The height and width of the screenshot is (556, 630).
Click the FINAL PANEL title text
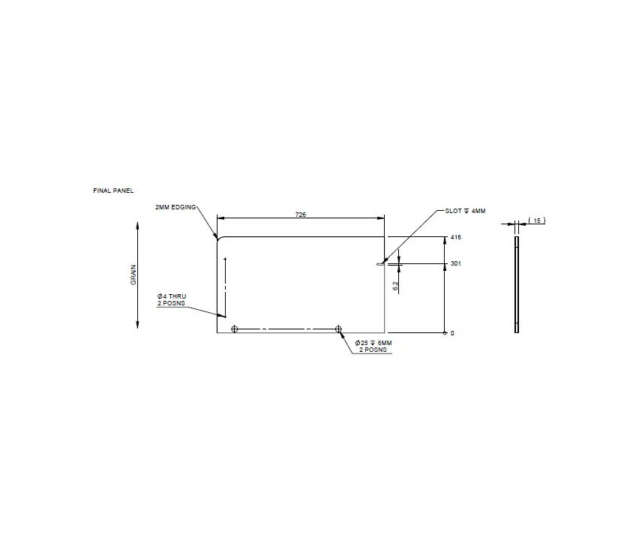click(x=113, y=191)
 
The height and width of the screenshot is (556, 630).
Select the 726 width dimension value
click(x=300, y=215)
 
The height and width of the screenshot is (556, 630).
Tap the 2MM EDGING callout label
click(x=175, y=206)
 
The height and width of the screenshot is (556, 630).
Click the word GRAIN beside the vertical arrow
click(x=133, y=275)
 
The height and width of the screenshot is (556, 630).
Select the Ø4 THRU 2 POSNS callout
click(x=171, y=300)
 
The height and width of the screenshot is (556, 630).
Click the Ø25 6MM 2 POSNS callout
click(x=373, y=346)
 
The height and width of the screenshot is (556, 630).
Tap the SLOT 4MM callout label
click(x=465, y=211)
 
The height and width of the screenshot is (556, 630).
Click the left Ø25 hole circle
click(x=235, y=329)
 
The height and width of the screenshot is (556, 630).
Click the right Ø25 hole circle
click(x=339, y=329)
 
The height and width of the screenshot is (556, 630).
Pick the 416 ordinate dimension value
click(x=454, y=237)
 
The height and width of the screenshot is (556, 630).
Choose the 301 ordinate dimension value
click(x=454, y=263)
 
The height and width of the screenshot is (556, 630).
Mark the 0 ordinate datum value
click(x=452, y=332)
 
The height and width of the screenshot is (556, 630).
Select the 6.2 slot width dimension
click(x=396, y=285)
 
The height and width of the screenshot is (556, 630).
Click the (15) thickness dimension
click(x=537, y=220)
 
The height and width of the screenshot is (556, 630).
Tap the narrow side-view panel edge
click(x=516, y=284)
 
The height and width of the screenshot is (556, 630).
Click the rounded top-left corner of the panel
click(x=220, y=239)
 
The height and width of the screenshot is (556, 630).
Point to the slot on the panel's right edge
click(x=380, y=263)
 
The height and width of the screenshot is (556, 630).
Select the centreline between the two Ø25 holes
click(x=286, y=329)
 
